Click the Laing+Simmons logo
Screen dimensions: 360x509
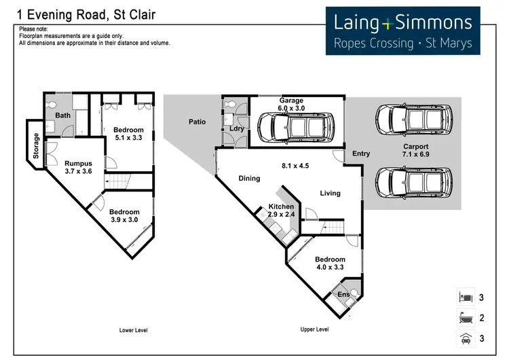402,32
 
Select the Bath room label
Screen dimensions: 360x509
63,115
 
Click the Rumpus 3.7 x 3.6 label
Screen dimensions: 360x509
78,168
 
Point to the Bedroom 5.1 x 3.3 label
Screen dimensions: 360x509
128,134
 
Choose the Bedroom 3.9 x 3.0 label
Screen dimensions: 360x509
124,215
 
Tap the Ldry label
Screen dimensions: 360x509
237,128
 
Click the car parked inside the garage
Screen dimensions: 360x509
295,128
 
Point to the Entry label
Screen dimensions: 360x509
361,154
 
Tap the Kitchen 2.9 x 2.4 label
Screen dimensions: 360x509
282,210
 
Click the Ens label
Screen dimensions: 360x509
344,294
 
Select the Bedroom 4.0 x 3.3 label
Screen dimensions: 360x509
331,264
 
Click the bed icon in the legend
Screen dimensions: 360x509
465,298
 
